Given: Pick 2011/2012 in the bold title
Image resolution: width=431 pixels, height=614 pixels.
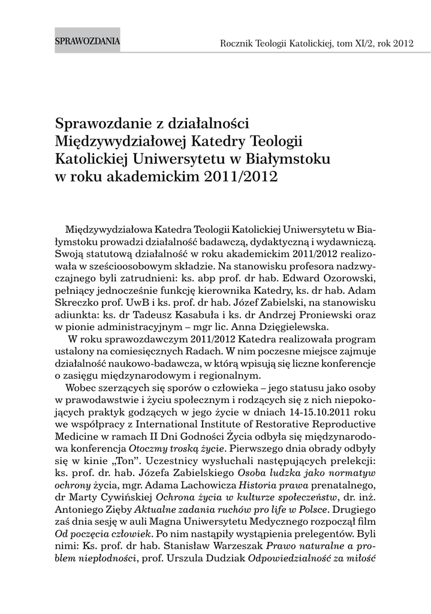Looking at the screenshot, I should click(240, 178).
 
